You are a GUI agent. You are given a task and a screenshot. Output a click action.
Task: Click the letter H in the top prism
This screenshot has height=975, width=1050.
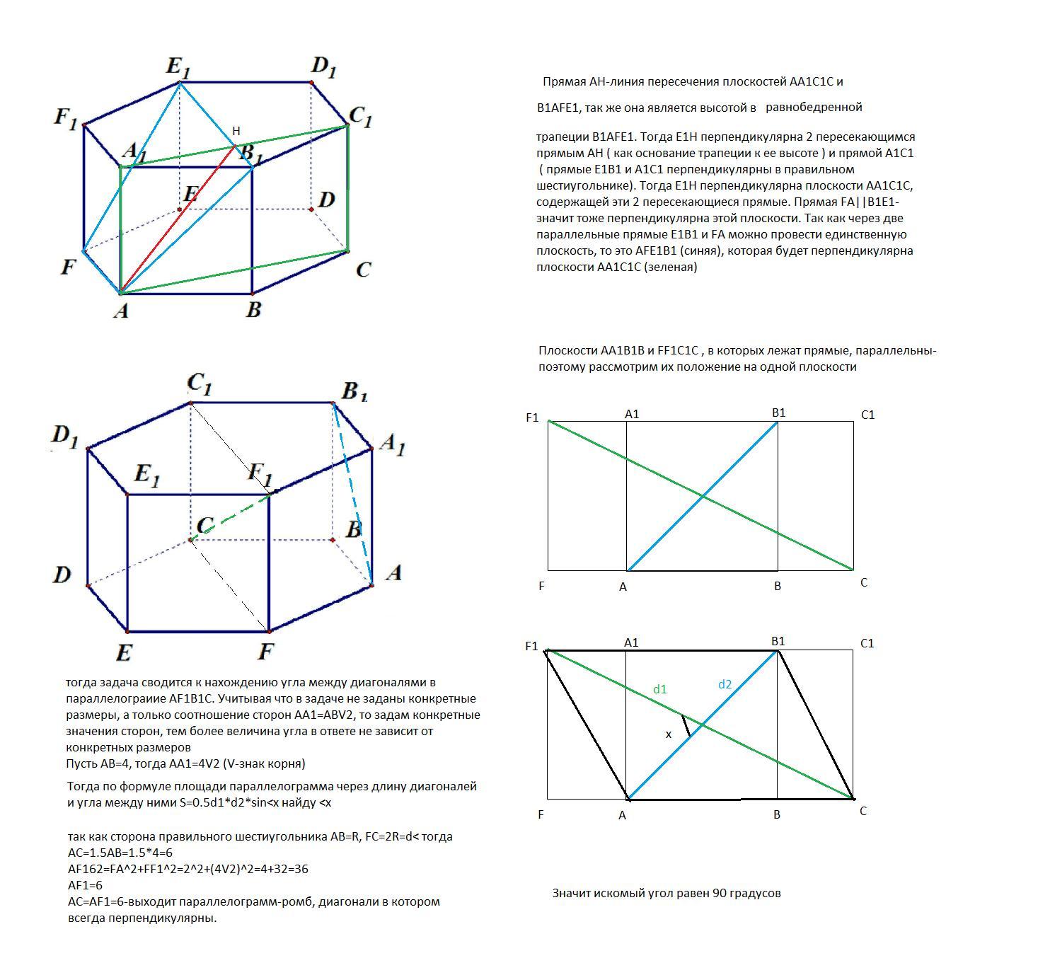click(x=236, y=131)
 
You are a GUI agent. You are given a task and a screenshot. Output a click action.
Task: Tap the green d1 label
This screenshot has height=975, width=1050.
click(x=660, y=689)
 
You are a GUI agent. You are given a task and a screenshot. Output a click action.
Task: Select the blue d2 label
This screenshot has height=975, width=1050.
click(x=725, y=685)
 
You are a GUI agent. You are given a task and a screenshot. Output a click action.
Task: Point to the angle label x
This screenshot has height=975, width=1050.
click(x=668, y=734)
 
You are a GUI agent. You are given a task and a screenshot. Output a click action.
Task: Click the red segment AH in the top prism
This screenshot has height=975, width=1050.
click(x=178, y=219)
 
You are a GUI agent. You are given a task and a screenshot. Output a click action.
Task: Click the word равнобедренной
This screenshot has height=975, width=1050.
click(x=814, y=108)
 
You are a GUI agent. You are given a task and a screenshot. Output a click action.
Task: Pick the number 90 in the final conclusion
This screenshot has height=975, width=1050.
click(x=720, y=893)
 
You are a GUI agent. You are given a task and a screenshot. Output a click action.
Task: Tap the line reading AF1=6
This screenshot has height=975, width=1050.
click(x=85, y=885)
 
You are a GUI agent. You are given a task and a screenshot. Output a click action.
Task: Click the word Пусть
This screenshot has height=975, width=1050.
click(x=81, y=763)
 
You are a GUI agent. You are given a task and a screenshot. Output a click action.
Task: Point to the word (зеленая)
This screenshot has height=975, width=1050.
click(x=670, y=267)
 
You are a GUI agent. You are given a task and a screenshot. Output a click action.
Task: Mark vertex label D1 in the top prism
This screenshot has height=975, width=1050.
click(x=323, y=67)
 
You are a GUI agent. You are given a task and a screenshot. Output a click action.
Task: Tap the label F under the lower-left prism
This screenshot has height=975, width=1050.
click(x=265, y=651)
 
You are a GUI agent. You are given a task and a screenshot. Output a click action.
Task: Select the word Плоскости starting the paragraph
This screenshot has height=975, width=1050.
click(x=568, y=350)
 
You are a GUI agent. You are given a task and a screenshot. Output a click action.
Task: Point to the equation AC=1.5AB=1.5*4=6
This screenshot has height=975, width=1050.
click(x=120, y=853)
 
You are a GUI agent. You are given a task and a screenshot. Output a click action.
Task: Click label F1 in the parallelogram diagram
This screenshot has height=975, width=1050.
click(x=531, y=646)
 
